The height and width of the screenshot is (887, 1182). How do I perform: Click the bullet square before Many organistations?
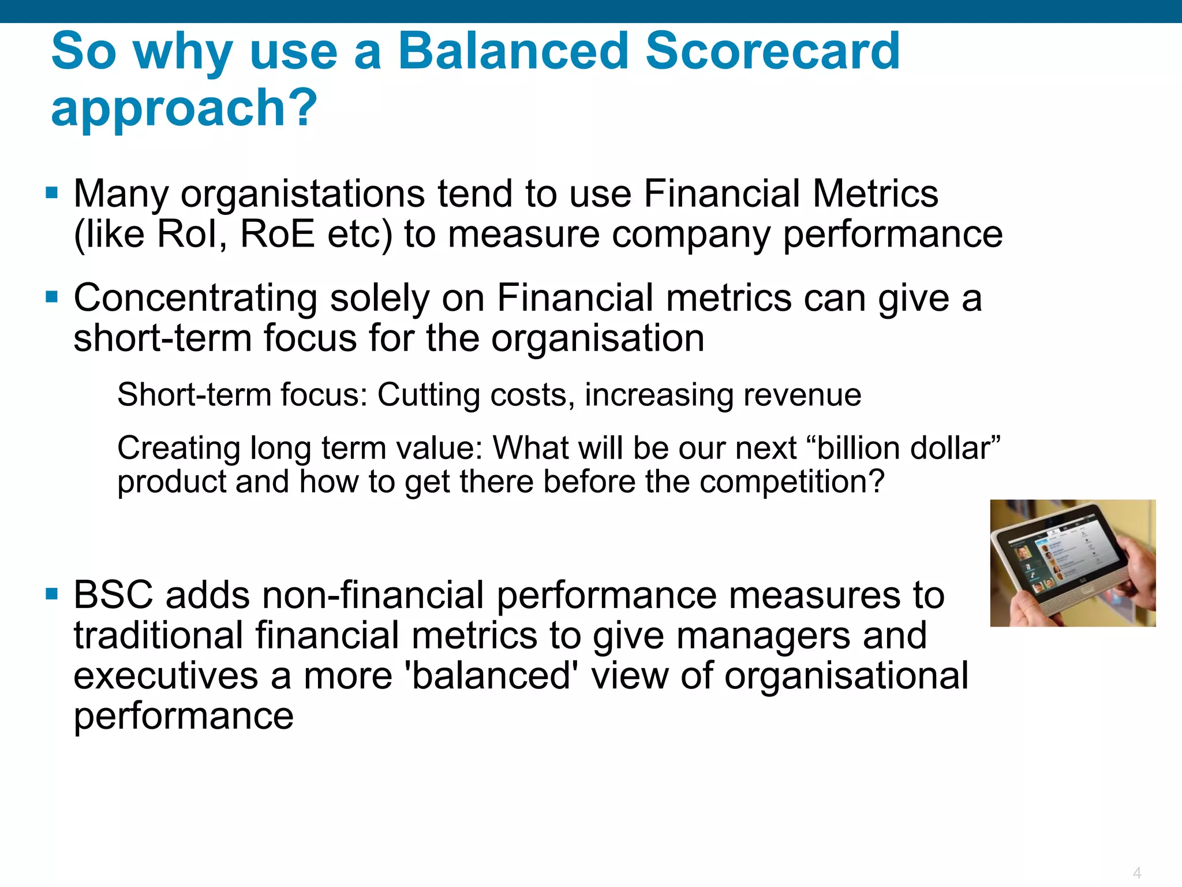click(52, 192)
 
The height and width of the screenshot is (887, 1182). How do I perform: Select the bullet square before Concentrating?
click(52, 297)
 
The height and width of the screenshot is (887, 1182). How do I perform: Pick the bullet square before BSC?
click(52, 594)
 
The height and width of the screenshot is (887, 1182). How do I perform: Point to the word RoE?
click(277, 234)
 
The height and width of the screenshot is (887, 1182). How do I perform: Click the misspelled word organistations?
click(303, 195)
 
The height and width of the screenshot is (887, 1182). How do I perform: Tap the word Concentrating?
click(195, 299)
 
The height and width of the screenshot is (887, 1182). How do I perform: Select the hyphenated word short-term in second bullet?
click(162, 338)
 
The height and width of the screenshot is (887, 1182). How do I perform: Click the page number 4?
click(1136, 872)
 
